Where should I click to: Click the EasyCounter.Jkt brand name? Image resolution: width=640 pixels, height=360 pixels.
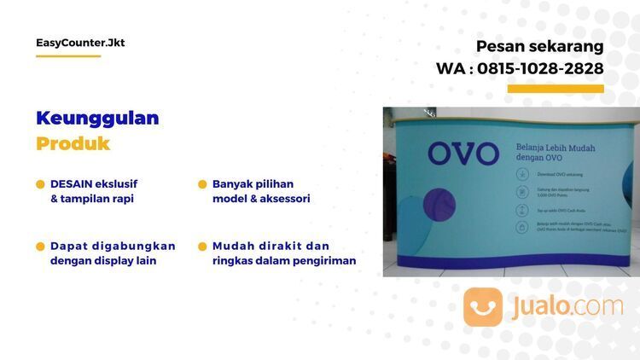[80, 43]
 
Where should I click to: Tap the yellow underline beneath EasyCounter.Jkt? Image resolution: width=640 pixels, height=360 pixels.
[68, 56]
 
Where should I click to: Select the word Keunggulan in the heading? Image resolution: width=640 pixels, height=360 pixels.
[97, 118]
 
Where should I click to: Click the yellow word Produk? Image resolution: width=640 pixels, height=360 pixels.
[73, 143]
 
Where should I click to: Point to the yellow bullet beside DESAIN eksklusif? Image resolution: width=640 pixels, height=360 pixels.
[40, 184]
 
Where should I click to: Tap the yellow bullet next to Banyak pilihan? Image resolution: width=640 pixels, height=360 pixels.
[203, 184]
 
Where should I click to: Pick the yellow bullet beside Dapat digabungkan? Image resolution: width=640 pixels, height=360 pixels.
[40, 247]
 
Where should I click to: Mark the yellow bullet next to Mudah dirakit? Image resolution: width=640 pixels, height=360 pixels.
[203, 247]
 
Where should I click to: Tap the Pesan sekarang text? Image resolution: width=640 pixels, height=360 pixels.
[539, 46]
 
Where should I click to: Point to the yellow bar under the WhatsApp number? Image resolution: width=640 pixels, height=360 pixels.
[556, 89]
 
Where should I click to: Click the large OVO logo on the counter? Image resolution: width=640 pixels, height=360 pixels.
[463, 154]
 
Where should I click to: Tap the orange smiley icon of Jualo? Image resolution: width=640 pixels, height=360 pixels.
[483, 306]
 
